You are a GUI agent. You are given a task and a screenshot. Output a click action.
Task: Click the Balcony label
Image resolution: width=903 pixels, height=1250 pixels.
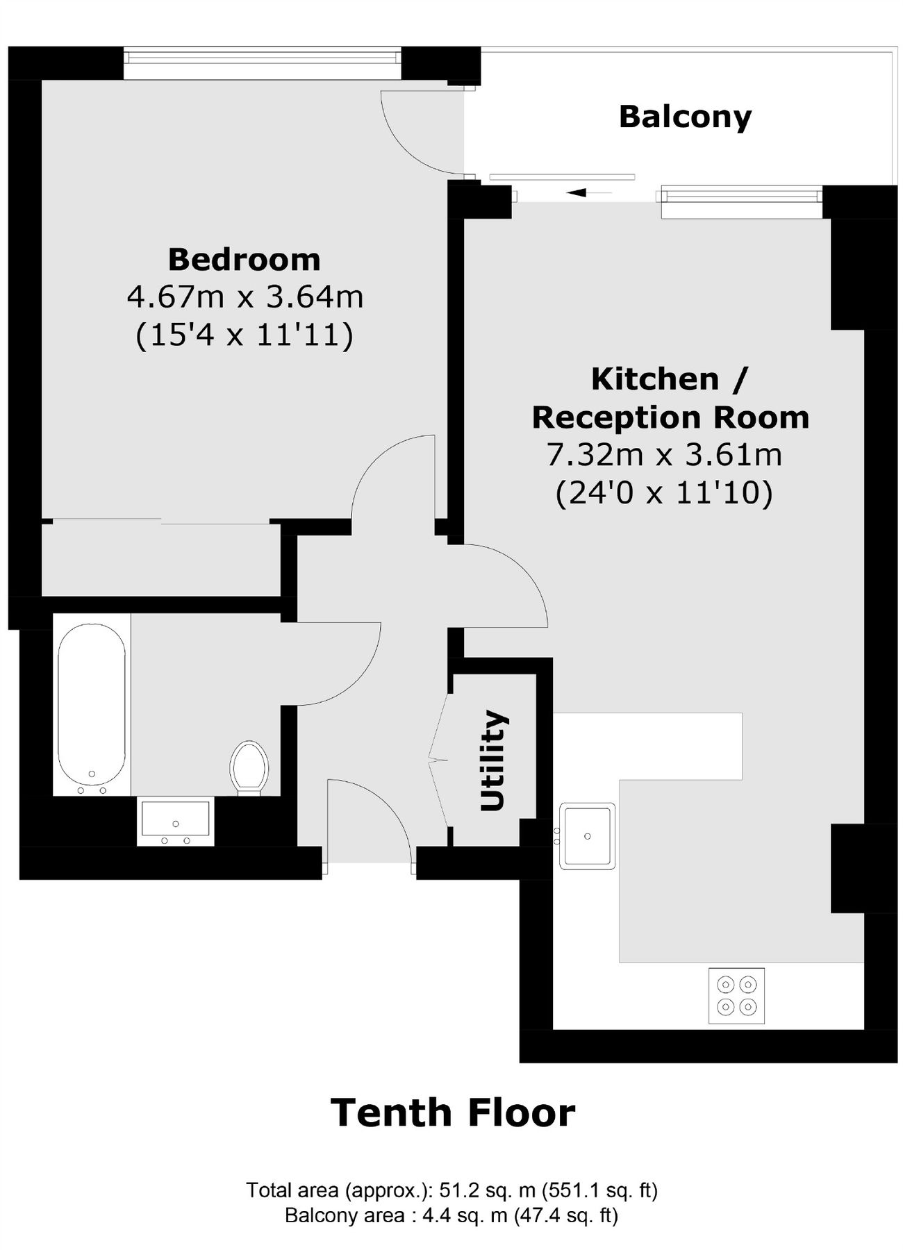click(x=685, y=117)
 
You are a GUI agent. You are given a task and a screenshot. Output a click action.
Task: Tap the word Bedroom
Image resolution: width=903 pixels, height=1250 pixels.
click(x=244, y=260)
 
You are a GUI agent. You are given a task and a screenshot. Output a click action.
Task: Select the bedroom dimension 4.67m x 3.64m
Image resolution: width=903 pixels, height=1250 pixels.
click(x=245, y=297)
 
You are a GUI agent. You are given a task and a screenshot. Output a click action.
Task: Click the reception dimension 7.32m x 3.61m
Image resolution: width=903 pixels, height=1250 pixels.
click(x=664, y=456)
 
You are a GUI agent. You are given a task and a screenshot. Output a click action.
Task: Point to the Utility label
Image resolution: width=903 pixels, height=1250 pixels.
click(x=493, y=760)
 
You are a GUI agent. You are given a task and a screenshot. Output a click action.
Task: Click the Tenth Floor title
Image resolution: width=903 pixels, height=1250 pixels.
click(x=452, y=1112)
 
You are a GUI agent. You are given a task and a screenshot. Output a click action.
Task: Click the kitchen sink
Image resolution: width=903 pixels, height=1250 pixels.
click(x=588, y=836)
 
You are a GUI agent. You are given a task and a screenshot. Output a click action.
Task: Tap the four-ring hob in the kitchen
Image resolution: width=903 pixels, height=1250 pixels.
click(x=736, y=995)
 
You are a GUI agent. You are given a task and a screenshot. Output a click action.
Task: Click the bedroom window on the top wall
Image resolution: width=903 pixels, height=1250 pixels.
click(x=263, y=63)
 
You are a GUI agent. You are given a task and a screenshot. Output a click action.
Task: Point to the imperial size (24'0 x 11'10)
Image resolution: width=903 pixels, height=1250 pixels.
click(x=664, y=494)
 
